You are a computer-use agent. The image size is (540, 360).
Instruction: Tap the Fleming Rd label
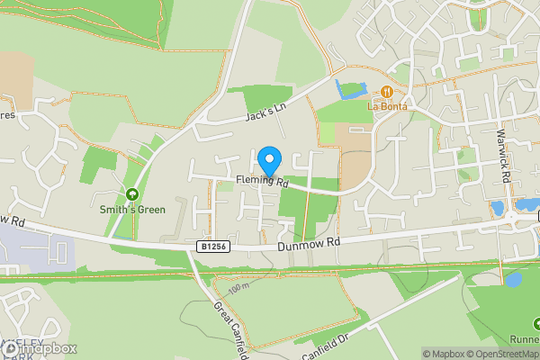coord(261,183)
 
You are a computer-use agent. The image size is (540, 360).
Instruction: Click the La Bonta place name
coord(386,105)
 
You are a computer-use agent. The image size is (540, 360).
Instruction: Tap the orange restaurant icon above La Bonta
coord(387,91)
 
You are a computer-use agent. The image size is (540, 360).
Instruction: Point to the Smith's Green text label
coord(133,210)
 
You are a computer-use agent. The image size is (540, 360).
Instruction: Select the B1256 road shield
coord(209,245)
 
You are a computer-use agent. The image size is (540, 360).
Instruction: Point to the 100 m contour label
coord(238,289)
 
